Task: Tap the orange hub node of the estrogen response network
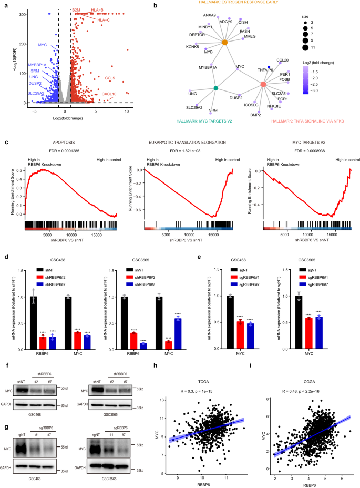[224, 42]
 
